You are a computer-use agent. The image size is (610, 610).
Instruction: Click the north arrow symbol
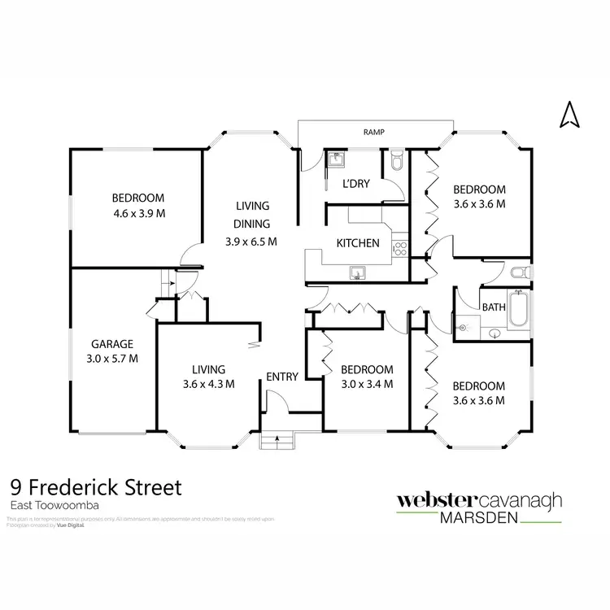(568, 115)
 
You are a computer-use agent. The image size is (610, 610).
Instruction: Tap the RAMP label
(373, 132)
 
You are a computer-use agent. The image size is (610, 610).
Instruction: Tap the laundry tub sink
(334, 159)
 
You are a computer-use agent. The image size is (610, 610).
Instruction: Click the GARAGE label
(112, 343)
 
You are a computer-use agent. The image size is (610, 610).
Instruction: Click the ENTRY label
(282, 376)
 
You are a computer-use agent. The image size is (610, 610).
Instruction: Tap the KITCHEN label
(358, 242)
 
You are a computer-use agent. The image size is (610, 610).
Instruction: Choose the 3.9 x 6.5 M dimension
(252, 242)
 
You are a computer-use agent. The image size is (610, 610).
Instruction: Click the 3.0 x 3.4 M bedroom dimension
(367, 384)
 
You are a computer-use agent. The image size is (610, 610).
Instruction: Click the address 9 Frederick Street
(96, 488)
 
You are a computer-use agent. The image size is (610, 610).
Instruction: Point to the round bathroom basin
(495, 333)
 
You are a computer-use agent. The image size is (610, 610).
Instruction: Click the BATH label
(493, 307)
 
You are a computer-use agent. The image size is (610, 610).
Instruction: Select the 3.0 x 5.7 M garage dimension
(112, 358)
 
